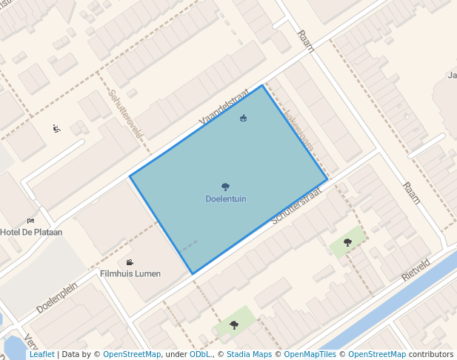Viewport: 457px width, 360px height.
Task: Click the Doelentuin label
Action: tap(226, 199)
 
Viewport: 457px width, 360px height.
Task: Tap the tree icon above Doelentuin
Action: tap(226, 187)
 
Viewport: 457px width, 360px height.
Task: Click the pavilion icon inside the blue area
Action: tap(243, 118)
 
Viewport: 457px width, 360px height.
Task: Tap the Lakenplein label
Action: tap(300, 131)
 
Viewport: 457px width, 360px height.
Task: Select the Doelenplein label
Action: tap(57, 299)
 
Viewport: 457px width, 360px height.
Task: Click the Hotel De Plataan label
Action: tap(31, 232)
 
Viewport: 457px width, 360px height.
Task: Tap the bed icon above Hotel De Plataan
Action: tap(30, 221)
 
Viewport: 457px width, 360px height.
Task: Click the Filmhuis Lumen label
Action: tap(130, 273)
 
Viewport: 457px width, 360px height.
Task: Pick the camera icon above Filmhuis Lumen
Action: tap(130, 262)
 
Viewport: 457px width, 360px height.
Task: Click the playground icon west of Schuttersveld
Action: tap(57, 128)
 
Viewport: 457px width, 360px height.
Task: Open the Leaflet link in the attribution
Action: tap(41, 354)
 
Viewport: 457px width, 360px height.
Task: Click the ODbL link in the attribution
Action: tap(199, 354)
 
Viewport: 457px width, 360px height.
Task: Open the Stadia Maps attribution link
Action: tap(249, 354)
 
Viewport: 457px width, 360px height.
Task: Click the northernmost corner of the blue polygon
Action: tap(262, 86)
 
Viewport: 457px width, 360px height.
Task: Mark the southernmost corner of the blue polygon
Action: tap(192, 273)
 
